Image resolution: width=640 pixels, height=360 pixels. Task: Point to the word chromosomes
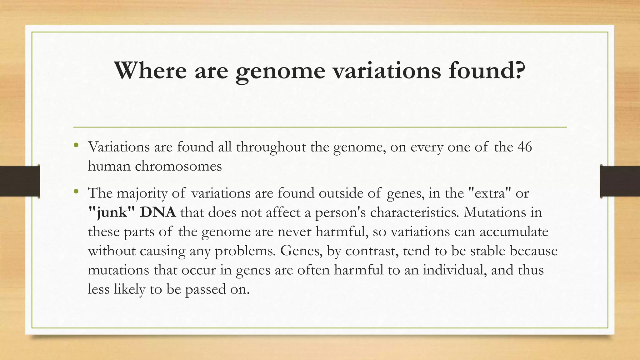[178, 166]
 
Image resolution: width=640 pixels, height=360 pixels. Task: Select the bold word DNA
[158, 212]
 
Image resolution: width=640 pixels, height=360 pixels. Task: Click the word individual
[455, 270]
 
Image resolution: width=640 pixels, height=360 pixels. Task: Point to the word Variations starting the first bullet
[119, 147]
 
